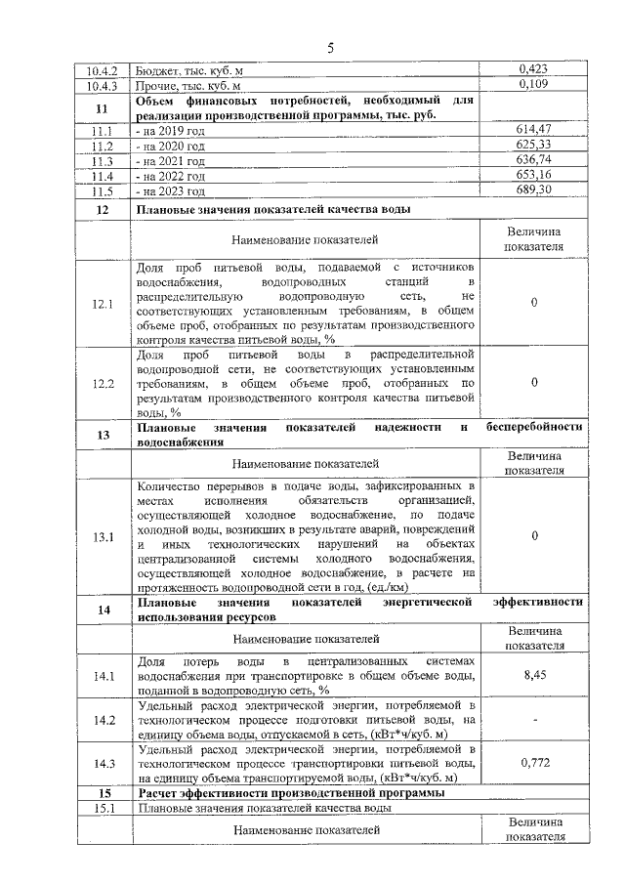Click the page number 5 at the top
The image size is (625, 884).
[329, 47]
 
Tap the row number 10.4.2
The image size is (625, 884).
[103, 69]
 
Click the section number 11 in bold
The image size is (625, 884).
[103, 107]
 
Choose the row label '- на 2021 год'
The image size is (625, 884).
[172, 160]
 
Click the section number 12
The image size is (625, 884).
[103, 209]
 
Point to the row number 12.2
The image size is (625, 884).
[103, 384]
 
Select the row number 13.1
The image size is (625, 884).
[103, 536]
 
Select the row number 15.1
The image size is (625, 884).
[103, 808]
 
